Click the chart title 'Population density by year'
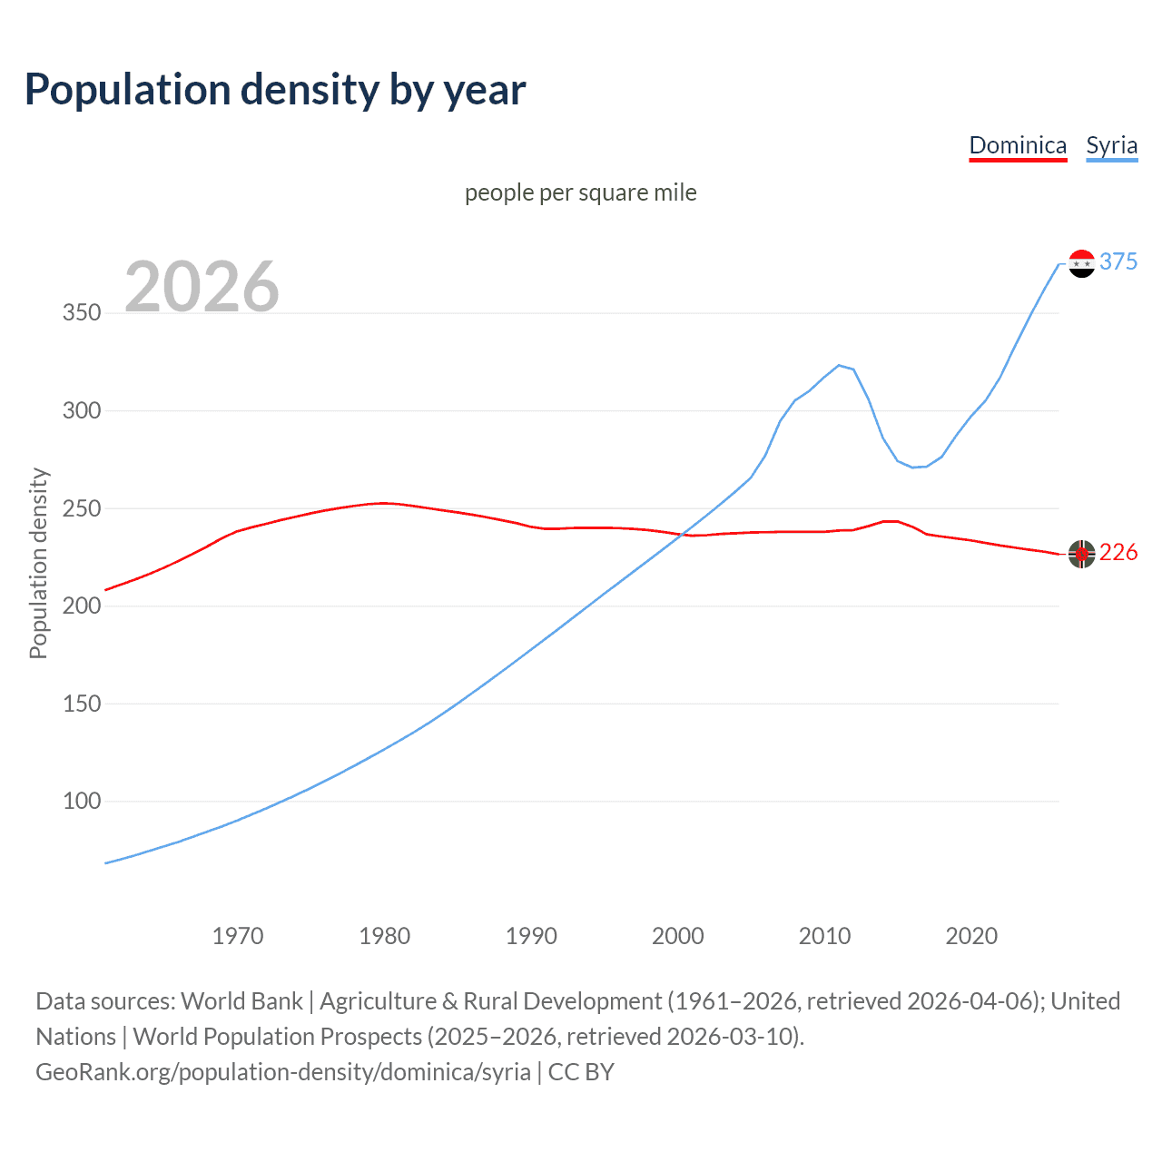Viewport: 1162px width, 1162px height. point(275,90)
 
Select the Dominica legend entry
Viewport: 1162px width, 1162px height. point(1018,145)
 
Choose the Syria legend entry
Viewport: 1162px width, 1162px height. point(1111,145)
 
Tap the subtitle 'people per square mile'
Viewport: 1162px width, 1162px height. point(580,192)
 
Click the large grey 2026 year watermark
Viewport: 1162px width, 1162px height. point(202,287)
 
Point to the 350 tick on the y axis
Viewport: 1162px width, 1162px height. point(82,313)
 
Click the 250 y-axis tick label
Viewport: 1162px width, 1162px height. point(82,508)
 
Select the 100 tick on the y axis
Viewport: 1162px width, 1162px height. point(82,802)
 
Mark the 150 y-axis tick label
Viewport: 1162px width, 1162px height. point(82,704)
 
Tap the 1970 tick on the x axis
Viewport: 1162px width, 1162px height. point(238,936)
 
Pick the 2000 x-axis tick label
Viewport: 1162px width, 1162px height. point(678,936)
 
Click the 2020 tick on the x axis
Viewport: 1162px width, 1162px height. point(971,936)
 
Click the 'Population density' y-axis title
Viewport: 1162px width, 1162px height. point(38,563)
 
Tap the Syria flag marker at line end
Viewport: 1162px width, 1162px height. point(1081,263)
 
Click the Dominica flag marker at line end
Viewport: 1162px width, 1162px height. point(1081,554)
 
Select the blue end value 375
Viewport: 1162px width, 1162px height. point(1118,261)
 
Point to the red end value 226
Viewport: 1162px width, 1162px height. point(1118,552)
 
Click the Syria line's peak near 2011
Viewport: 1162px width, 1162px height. point(839,365)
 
